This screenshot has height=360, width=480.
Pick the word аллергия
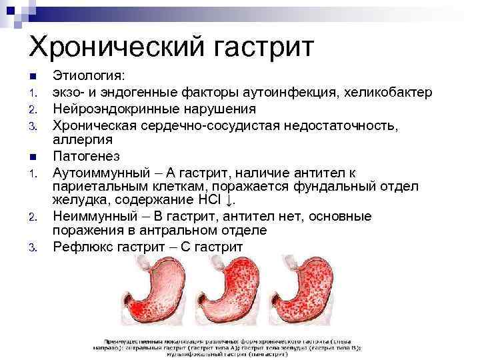point(83,140)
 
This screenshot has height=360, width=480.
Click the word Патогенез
point(87,156)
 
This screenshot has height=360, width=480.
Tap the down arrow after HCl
point(230,201)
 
